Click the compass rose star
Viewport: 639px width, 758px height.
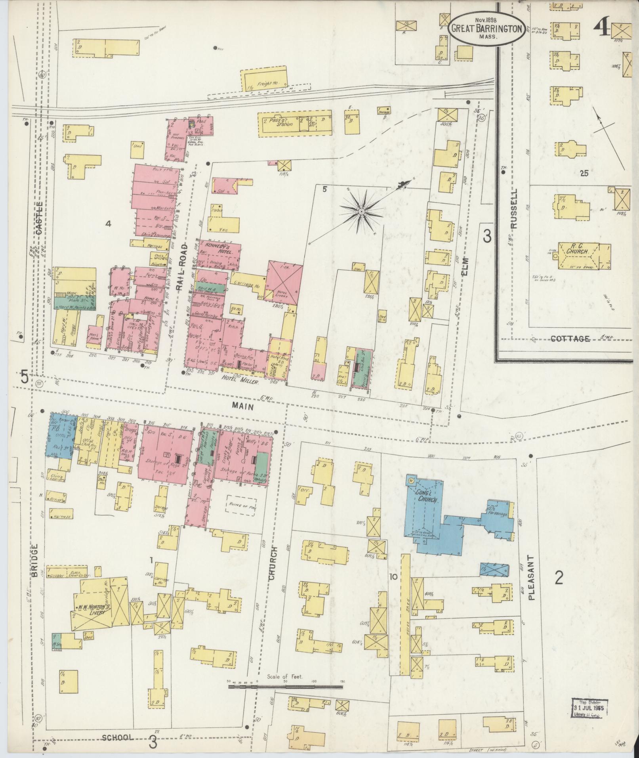pos(361,212)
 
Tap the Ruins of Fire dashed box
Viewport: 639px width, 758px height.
pos(240,505)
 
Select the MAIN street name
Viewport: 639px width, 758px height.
pos(243,406)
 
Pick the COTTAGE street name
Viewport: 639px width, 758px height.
pos(570,339)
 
